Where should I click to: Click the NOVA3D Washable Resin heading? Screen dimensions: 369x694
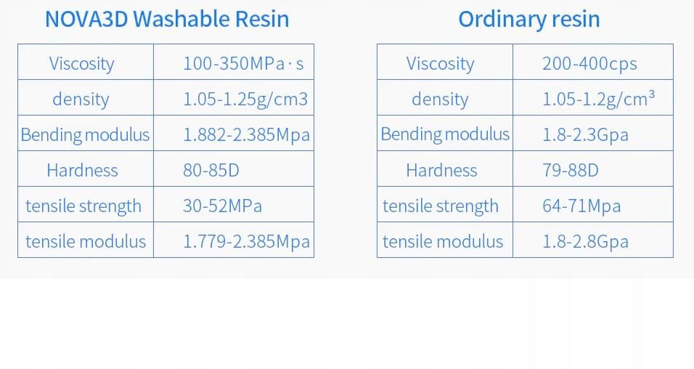[167, 19]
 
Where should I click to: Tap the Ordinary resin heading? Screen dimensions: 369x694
[528, 19]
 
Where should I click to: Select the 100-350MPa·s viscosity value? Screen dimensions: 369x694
[243, 63]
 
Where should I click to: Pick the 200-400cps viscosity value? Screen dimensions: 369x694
[589, 63]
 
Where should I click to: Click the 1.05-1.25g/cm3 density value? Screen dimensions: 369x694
[245, 99]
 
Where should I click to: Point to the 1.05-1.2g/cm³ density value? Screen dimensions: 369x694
[598, 99]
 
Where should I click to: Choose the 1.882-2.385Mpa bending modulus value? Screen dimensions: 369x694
[246, 134]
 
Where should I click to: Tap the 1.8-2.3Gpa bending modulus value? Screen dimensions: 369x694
[585, 134]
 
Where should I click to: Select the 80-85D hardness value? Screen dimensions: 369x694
[211, 170]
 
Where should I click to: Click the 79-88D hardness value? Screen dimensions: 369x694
[570, 170]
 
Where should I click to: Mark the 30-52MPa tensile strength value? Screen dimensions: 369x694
[222, 206]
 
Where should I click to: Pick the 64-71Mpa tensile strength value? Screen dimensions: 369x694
[581, 206]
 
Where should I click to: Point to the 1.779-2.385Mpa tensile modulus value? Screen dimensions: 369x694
[246, 241]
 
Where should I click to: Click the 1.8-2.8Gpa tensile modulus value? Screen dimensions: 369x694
[585, 241]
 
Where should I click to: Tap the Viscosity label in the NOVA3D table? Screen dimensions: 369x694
[81, 63]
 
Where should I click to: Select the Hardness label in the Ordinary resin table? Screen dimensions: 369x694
[441, 170]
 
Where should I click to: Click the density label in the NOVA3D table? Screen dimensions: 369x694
[81, 99]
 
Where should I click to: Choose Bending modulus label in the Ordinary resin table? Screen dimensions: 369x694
[445, 134]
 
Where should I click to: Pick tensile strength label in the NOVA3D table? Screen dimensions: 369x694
[83, 206]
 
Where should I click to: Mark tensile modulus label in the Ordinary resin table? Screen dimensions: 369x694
[443, 241]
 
